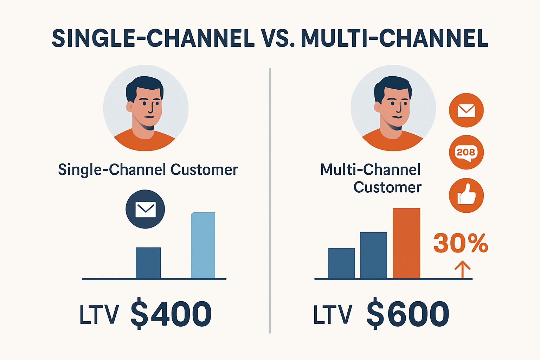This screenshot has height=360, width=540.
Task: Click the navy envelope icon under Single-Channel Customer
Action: (x=145, y=209)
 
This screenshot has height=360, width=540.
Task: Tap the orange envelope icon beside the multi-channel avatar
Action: (x=466, y=110)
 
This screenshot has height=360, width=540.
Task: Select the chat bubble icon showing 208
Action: (x=466, y=152)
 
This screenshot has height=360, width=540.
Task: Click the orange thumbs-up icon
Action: (x=466, y=195)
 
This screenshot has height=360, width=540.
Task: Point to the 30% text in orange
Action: (x=461, y=243)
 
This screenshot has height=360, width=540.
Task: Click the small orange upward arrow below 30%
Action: (x=462, y=269)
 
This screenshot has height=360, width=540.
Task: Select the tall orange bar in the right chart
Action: (x=406, y=243)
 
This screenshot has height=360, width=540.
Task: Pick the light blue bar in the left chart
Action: (x=203, y=245)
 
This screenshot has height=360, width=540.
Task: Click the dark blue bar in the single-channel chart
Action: (x=148, y=263)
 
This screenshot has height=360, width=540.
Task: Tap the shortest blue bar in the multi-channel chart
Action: (x=341, y=263)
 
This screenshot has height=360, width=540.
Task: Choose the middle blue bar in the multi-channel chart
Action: (x=373, y=255)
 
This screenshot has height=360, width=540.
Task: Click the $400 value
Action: (x=171, y=314)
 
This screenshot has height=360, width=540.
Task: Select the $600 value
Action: (x=408, y=314)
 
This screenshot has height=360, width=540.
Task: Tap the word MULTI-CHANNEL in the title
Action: (x=394, y=38)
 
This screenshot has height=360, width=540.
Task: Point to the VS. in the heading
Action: (x=277, y=38)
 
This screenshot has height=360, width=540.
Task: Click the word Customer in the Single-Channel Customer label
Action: (x=204, y=170)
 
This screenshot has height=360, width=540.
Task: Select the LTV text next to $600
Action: (x=332, y=314)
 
